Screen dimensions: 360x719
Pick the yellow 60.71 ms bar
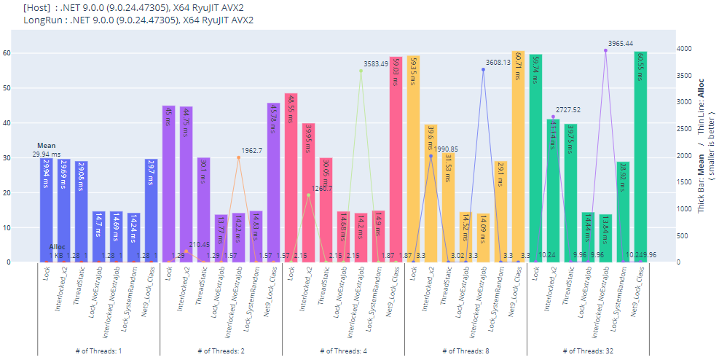pos(518,156)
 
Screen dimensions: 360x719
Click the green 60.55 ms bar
pos(640,156)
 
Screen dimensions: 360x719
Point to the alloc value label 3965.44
pos(620,43)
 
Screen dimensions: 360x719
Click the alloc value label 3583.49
pos(376,64)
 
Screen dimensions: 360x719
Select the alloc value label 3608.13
pos(498,62)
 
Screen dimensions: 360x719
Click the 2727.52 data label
pos(567,110)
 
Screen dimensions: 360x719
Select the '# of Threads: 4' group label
pos(343,351)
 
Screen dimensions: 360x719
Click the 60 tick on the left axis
pos(26,53)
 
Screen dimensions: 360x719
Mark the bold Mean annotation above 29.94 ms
pos(46,146)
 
